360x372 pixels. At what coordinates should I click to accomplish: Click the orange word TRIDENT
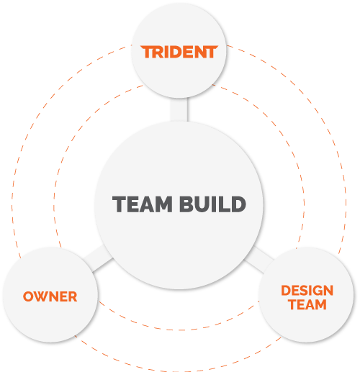[179, 52]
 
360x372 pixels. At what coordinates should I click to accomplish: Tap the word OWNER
[50, 296]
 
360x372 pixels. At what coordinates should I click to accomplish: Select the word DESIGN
[307, 291]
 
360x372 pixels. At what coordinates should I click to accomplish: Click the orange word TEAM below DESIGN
[307, 304]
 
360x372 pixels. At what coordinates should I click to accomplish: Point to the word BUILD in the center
[212, 204]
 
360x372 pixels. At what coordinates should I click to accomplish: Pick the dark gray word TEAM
[143, 204]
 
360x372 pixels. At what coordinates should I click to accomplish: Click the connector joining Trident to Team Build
[179, 110]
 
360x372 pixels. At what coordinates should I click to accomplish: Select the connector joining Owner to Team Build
[99, 258]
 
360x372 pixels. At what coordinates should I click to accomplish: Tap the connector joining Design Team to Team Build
[259, 259]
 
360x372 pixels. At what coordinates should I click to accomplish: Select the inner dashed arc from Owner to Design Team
[179, 330]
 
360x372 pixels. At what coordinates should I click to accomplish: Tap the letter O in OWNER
[28, 296]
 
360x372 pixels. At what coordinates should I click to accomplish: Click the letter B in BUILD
[186, 204]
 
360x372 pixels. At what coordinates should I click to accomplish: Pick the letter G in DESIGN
[316, 291]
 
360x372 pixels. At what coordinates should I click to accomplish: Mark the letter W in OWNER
[41, 296]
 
